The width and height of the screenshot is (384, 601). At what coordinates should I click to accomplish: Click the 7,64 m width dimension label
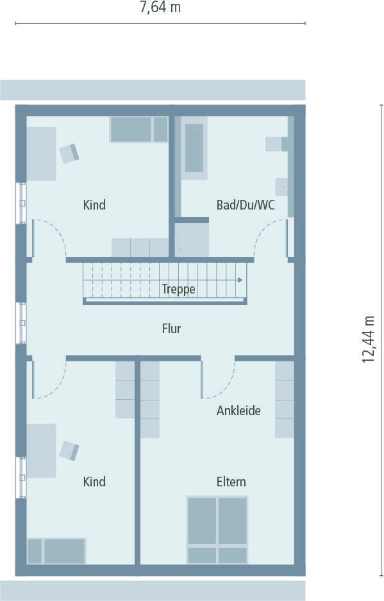click(x=160, y=8)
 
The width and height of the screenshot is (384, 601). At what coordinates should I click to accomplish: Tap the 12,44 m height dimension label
click(x=369, y=339)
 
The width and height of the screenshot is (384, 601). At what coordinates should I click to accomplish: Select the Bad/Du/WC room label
click(x=246, y=205)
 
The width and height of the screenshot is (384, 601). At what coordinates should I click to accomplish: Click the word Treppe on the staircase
click(x=178, y=289)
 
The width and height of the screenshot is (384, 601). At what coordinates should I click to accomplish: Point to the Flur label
click(x=171, y=329)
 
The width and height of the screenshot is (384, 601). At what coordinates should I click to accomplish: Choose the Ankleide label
click(x=238, y=411)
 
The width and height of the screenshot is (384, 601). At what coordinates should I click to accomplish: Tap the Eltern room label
click(x=231, y=482)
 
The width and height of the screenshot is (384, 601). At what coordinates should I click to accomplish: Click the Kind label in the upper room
click(x=94, y=205)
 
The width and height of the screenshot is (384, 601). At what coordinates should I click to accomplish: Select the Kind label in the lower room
click(x=94, y=482)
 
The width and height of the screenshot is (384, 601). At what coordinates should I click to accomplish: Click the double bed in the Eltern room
click(x=217, y=529)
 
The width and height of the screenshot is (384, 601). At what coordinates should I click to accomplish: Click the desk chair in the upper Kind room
click(x=69, y=153)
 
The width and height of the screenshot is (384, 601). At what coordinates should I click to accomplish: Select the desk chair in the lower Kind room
click(x=69, y=450)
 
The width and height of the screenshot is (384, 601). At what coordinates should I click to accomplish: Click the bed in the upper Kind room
click(x=138, y=129)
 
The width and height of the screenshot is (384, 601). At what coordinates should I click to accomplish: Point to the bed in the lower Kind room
click(x=56, y=551)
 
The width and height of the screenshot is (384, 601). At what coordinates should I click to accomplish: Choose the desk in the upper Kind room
click(x=41, y=154)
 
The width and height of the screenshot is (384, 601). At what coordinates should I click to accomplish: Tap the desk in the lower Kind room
click(x=41, y=450)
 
